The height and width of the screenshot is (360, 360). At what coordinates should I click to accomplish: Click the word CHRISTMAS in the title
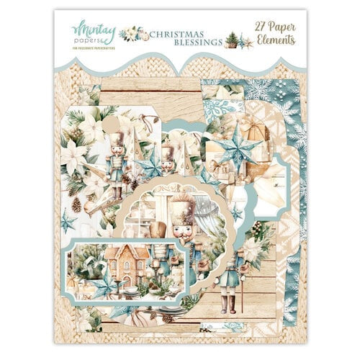175,32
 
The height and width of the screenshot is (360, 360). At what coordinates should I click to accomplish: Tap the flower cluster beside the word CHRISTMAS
131,33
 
